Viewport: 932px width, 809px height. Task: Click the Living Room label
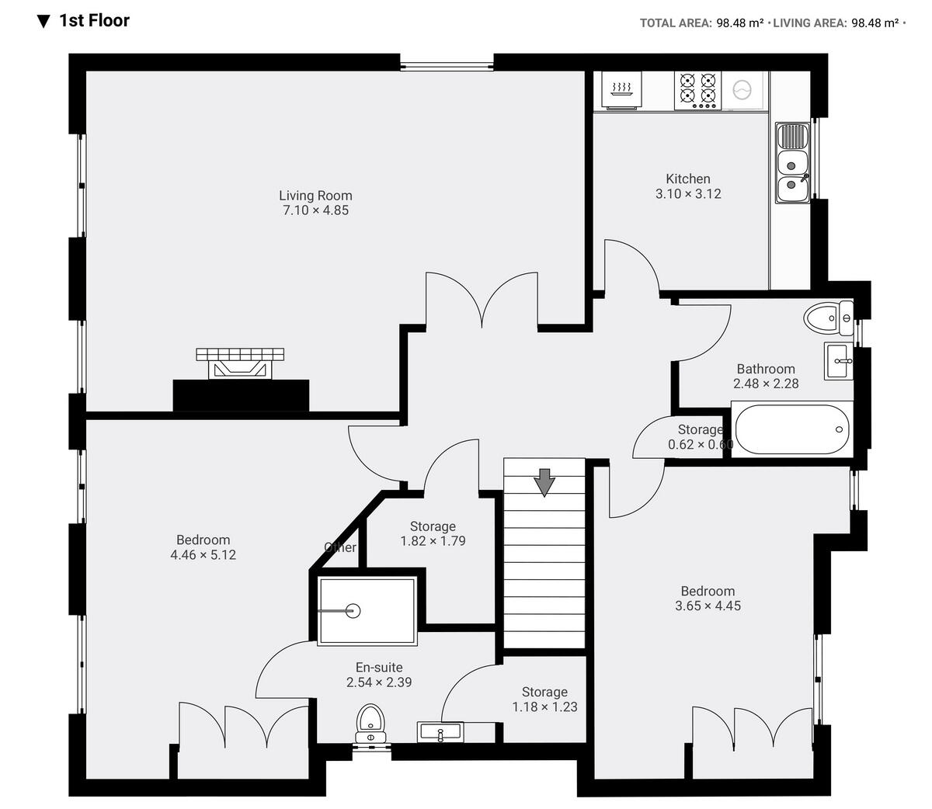[315, 196]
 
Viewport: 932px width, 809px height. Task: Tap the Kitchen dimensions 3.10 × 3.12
[688, 194]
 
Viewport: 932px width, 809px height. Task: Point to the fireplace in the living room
[240, 364]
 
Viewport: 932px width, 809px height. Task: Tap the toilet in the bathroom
[828, 318]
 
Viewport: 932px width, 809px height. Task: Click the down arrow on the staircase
[544, 481]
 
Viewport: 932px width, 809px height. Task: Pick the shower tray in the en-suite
[367, 610]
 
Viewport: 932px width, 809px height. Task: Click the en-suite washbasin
[440, 731]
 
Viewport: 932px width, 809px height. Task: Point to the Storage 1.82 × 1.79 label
[433, 526]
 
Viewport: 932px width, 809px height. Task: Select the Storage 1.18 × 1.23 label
[544, 692]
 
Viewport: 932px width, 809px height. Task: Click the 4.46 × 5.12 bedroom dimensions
[203, 555]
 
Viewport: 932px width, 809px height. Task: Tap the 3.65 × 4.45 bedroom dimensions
[708, 606]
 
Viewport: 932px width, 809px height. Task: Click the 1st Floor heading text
[94, 21]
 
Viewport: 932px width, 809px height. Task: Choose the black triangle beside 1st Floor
[43, 21]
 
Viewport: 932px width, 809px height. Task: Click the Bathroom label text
[766, 369]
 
